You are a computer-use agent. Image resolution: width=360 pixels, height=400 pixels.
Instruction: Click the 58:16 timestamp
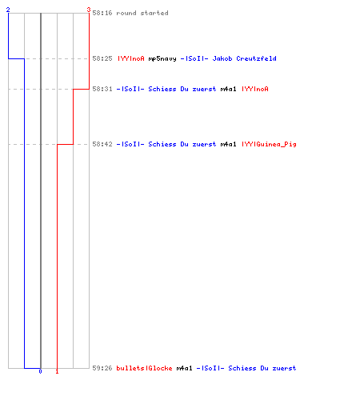click(102, 13)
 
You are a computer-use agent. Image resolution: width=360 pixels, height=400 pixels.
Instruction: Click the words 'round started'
click(142, 13)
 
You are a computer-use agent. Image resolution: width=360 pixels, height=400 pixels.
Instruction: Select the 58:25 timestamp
click(102, 58)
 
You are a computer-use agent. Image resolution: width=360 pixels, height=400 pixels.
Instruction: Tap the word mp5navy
click(162, 58)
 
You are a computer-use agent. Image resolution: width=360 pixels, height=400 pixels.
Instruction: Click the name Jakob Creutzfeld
click(244, 58)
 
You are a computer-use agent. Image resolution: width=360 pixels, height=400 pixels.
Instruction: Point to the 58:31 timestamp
click(102, 89)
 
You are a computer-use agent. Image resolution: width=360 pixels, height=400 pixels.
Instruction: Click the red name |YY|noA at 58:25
click(131, 58)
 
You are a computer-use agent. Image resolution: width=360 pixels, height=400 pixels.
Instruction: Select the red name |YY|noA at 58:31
click(255, 89)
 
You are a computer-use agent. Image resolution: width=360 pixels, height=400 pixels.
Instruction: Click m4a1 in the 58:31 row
click(228, 89)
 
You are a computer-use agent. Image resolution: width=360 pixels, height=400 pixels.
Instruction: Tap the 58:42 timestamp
click(102, 144)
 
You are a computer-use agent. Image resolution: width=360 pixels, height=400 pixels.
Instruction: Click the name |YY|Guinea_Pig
click(269, 144)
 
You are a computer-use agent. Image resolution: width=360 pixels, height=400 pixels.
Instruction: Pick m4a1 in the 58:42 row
click(228, 144)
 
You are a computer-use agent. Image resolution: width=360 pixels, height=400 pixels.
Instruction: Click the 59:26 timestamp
click(102, 368)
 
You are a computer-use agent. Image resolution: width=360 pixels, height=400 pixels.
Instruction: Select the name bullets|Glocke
click(144, 368)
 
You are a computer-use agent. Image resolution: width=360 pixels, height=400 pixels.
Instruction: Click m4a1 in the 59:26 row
click(184, 368)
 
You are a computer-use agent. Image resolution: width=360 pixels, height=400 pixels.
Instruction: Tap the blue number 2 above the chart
click(8, 10)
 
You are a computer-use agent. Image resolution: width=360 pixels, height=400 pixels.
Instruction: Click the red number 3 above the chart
click(89, 10)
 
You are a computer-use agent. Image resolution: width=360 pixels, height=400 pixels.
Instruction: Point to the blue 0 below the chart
click(40, 371)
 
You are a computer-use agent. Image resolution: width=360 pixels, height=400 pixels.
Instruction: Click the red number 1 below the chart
click(57, 371)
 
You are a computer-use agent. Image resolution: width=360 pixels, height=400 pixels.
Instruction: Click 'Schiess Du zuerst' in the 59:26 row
click(262, 368)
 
